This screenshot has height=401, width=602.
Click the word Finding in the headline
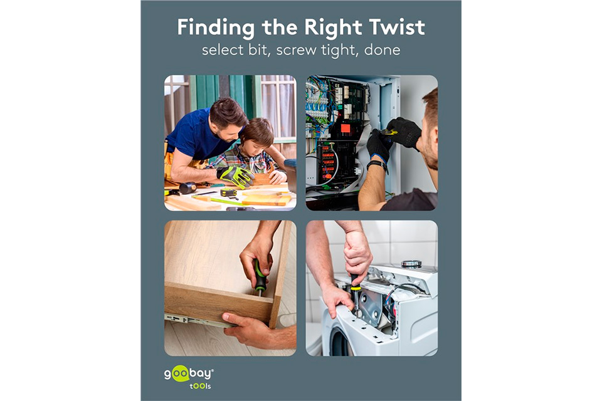coord(216,28)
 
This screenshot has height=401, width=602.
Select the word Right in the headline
coord(333,28)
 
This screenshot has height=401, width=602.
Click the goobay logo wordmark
coord(189,373)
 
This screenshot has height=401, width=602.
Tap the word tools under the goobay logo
coord(200,386)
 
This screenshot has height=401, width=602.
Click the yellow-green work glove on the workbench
coord(236,175)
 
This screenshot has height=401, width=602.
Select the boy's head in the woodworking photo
coord(257,134)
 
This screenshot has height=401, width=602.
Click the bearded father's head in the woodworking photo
coord(226,118)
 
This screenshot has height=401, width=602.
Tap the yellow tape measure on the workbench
coord(229,192)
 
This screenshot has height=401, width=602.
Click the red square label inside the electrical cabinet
coord(346,128)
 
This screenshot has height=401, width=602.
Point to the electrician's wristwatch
coord(377,164)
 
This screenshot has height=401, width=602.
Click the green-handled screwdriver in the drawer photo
coord(260,277)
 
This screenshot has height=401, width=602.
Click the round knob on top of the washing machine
coord(411,264)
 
